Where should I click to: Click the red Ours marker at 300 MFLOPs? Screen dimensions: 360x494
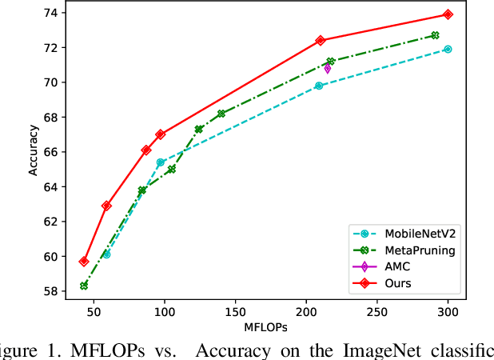click(448, 14)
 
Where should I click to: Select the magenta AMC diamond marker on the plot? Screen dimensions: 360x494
click(327, 69)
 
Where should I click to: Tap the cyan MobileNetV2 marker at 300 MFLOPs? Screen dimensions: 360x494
click(448, 49)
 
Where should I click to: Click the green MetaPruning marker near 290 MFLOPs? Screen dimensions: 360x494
click(435, 35)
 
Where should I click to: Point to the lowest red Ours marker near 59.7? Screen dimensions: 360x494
click(84, 262)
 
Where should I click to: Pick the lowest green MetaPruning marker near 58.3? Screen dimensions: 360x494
click(84, 286)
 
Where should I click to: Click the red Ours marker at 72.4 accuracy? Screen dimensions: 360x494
click(321, 40)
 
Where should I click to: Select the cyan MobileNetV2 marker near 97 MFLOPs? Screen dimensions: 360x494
click(160, 162)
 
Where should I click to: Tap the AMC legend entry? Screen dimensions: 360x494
click(392, 266)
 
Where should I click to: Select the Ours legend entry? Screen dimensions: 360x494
click(392, 283)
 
